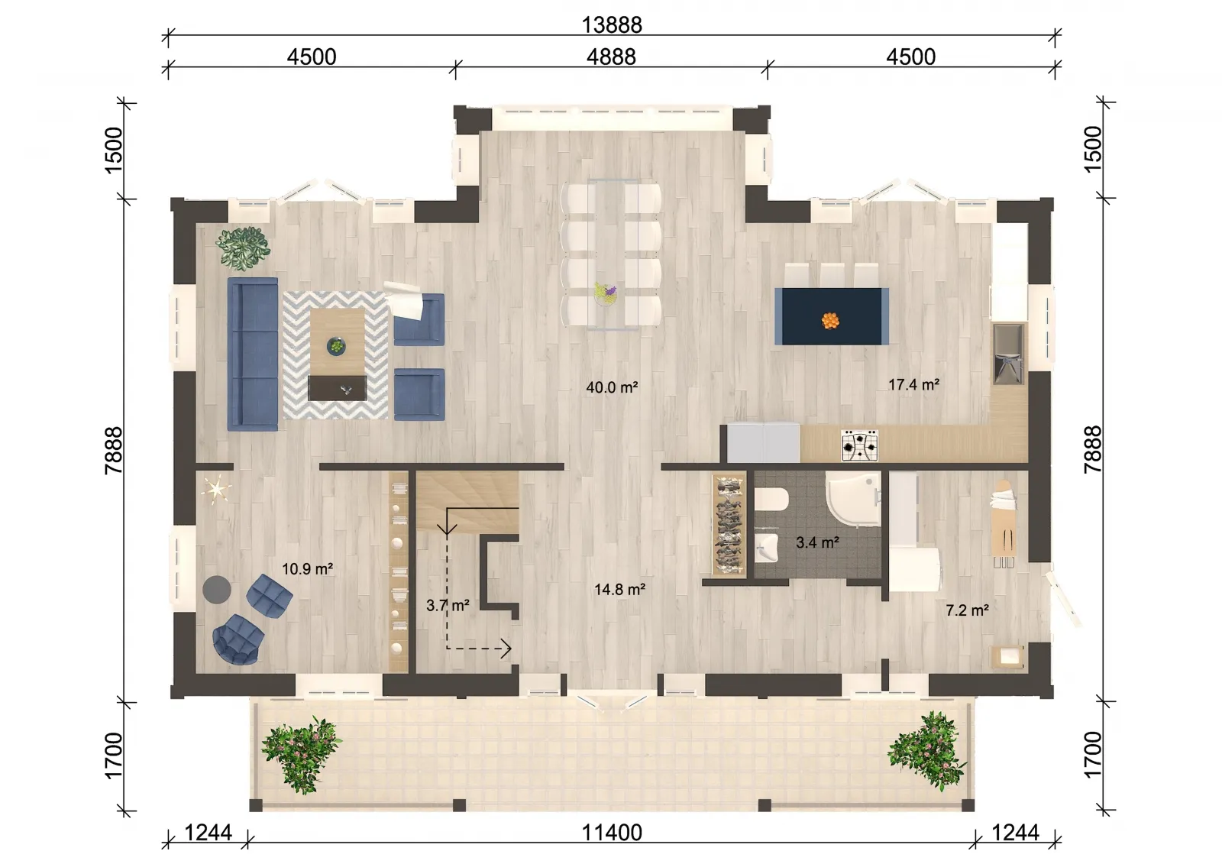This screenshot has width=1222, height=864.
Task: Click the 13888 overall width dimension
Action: pyautogui.click(x=612, y=24)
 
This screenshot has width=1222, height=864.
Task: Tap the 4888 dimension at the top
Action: pyautogui.click(x=611, y=57)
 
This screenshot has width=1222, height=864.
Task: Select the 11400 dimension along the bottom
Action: pyautogui.click(x=612, y=833)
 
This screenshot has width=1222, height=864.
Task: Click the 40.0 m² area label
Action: pyautogui.click(x=612, y=387)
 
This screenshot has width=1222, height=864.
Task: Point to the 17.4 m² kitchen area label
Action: pyautogui.click(x=913, y=385)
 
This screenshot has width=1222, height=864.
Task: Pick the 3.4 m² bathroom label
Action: pyautogui.click(x=817, y=542)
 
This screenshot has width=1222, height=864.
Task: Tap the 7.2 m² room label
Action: pyautogui.click(x=967, y=610)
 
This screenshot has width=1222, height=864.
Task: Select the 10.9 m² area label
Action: pyautogui.click(x=308, y=569)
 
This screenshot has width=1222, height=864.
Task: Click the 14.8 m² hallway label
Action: pyautogui.click(x=619, y=590)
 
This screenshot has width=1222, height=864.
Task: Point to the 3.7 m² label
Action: pyautogui.click(x=448, y=605)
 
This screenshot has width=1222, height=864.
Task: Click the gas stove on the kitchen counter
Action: pyautogui.click(x=860, y=445)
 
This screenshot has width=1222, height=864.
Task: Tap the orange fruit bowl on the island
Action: pyautogui.click(x=830, y=320)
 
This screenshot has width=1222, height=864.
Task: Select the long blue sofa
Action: pyautogui.click(x=253, y=354)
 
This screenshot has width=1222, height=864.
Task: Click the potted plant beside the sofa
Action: pyautogui.click(x=243, y=248)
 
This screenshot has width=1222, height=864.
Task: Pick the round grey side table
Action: pyautogui.click(x=217, y=590)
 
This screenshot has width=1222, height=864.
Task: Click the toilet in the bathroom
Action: pyautogui.click(x=771, y=499)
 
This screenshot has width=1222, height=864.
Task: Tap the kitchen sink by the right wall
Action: pyautogui.click(x=1008, y=354)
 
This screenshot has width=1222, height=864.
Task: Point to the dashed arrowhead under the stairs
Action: pyautogui.click(x=506, y=649)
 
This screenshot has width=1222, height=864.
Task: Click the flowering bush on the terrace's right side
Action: pyautogui.click(x=927, y=750)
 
